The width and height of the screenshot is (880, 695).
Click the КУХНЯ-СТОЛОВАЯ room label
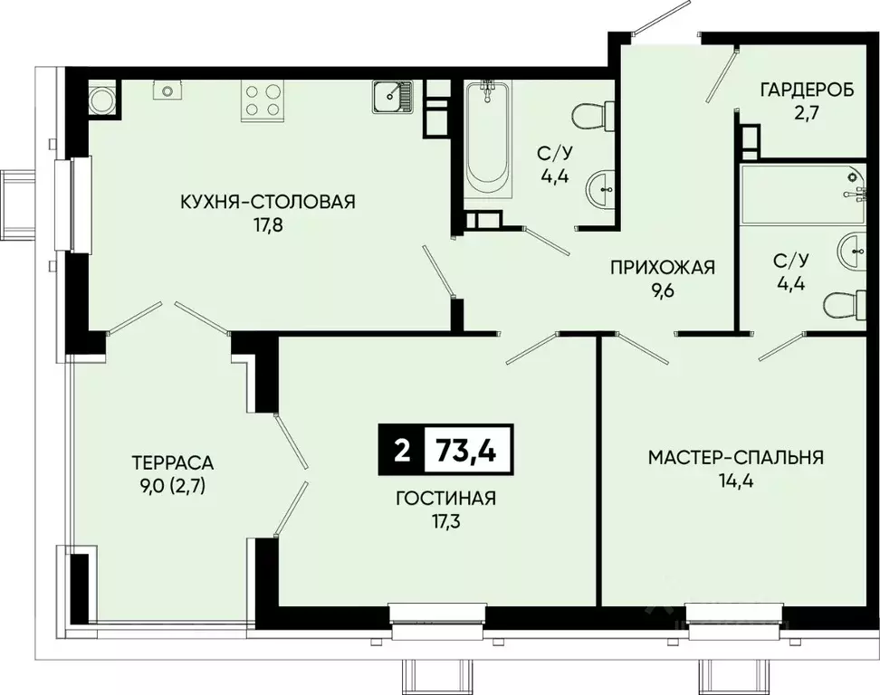pos(268,202)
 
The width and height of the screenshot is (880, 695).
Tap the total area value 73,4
pos(466,451)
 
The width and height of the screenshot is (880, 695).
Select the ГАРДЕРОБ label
pos(807,90)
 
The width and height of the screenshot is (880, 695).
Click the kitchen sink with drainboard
pos(392,97)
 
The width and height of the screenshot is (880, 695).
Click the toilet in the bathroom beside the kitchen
pos(593,116)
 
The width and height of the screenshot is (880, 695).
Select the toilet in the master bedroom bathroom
pos(845,306)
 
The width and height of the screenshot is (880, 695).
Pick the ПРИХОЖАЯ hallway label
pos(663,268)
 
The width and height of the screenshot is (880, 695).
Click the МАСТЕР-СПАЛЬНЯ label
pos(736,457)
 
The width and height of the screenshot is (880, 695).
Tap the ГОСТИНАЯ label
pos(446,498)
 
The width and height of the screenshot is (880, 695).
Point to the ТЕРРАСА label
pos(173,462)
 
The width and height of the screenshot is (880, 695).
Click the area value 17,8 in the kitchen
pos(268,225)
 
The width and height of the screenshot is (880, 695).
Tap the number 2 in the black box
pos(402,451)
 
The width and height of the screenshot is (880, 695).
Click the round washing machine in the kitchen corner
pos(104,100)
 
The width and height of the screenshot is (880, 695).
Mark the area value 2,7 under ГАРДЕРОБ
pos(807,114)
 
